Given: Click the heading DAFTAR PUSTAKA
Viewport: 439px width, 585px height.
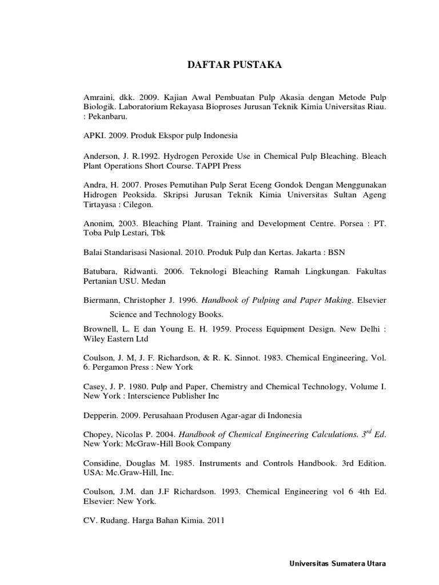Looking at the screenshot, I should click(235, 66).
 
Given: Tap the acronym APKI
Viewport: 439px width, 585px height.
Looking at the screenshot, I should click(94, 135).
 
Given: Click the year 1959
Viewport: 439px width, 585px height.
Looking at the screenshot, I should click(210, 329).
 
